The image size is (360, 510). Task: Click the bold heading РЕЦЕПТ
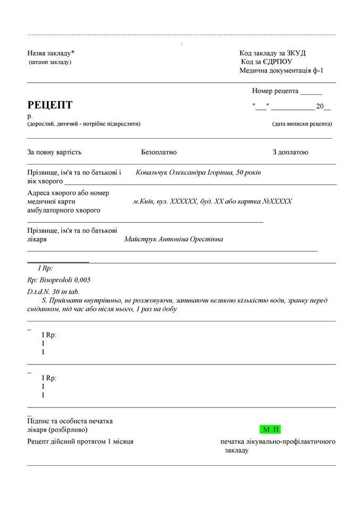click(50, 105)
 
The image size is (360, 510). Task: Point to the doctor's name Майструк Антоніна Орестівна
click(174, 239)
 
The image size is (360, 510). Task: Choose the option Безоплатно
click(159, 152)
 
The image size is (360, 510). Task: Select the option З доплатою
click(290, 152)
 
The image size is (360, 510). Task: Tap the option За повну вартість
click(54, 152)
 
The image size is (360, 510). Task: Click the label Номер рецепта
click(275, 91)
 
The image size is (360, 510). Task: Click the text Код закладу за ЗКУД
click(272, 53)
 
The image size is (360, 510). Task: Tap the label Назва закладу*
click(51, 53)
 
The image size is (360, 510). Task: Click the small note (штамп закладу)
click(50, 62)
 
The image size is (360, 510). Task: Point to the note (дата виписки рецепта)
click(302, 124)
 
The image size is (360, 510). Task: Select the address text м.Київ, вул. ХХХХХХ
click(164, 202)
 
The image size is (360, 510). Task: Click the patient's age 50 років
click(247, 173)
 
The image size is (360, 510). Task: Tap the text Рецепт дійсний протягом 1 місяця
click(80, 441)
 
